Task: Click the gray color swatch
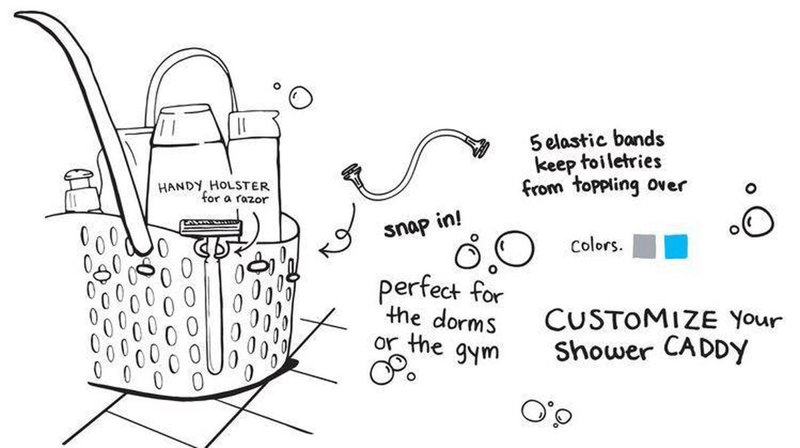(644, 246)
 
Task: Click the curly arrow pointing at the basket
(340, 234)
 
